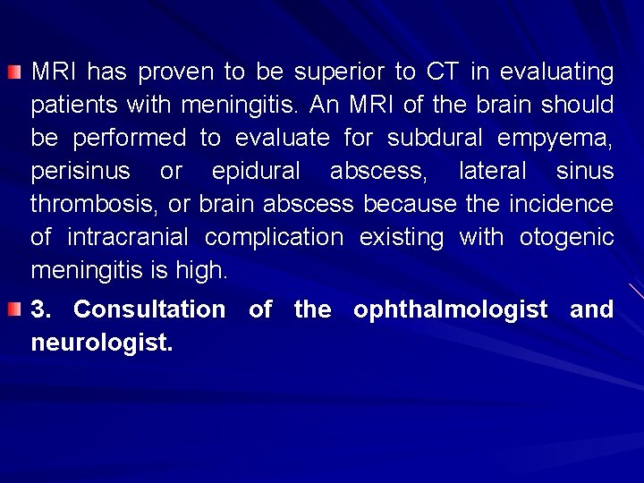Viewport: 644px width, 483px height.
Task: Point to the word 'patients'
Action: coord(69,105)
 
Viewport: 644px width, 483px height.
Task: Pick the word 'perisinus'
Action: coord(80,171)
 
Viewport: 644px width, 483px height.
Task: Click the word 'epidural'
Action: coord(256,171)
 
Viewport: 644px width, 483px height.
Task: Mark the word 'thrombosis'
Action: coord(94,204)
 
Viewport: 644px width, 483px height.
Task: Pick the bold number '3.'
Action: coord(42,310)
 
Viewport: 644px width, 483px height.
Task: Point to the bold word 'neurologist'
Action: coord(99,342)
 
